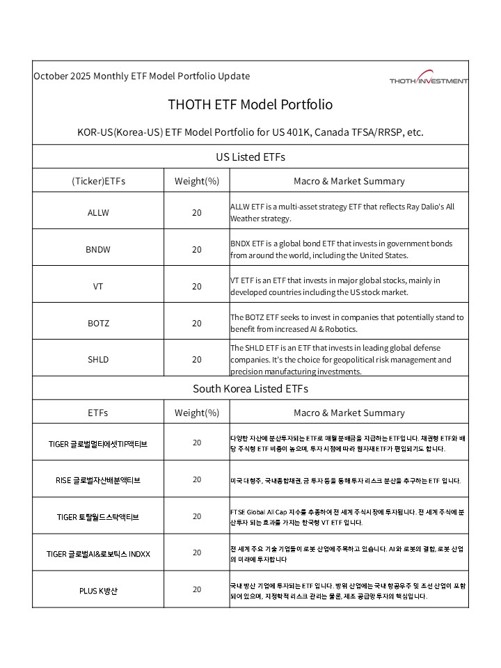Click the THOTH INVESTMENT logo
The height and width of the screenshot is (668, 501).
(429, 79)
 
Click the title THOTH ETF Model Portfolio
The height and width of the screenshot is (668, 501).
(250, 104)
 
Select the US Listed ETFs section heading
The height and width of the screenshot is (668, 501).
(250, 157)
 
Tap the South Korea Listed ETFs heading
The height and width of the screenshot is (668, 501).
(250, 388)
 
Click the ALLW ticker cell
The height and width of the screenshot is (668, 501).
(98, 213)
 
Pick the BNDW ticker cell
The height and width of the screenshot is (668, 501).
(98, 249)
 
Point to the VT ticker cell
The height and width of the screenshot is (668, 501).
(98, 286)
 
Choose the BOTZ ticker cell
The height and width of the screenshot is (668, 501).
(98, 323)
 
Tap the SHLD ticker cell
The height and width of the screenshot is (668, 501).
(98, 360)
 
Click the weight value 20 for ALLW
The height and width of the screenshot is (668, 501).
(197, 213)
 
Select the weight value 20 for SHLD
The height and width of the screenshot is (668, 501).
(197, 360)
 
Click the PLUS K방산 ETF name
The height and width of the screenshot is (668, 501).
(98, 591)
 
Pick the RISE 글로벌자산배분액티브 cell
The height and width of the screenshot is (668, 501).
(98, 480)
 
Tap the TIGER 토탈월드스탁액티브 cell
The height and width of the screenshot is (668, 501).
(98, 517)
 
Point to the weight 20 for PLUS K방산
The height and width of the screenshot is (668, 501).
(197, 589)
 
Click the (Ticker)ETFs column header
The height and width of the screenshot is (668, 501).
(98, 181)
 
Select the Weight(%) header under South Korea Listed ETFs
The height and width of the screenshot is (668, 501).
(197, 413)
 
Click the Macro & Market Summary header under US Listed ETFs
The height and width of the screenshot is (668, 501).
(349, 181)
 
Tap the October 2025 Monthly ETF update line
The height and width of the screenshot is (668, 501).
(142, 76)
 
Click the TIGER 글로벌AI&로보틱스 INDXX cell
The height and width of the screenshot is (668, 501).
(98, 554)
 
